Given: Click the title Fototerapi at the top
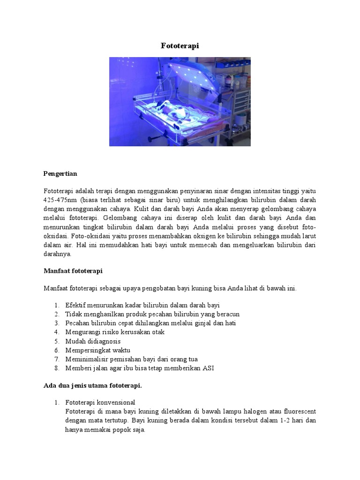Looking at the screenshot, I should (180, 45).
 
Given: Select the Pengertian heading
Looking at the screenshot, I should (60, 173).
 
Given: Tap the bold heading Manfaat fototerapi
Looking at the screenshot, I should (73, 271).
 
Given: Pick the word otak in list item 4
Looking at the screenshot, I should (157, 332).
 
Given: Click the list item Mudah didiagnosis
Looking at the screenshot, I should (93, 341).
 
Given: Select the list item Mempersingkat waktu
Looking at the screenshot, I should (98, 350).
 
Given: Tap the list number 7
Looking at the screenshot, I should (56, 359).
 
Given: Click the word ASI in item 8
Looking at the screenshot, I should (208, 368).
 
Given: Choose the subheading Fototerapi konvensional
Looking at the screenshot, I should (100, 403).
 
